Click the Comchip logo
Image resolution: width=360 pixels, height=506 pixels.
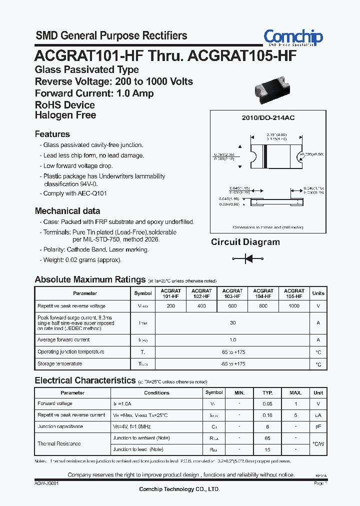293,37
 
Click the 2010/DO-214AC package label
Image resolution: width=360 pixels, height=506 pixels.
268,117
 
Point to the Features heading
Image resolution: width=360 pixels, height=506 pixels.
52,134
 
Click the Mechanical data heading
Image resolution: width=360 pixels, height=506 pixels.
67,211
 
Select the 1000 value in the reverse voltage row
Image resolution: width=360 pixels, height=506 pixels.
294,305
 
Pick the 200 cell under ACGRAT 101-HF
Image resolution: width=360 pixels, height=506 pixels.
170,305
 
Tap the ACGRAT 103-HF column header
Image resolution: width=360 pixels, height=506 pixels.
232,293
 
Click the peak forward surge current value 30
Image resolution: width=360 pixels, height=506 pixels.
232,323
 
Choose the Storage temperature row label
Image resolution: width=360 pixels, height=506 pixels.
60,364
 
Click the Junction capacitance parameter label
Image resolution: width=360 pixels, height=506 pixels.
60,426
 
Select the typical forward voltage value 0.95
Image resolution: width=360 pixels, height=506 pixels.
267,403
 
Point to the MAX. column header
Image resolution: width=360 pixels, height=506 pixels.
295,392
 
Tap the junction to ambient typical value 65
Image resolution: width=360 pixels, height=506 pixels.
267,438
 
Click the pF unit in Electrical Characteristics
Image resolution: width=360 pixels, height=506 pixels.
318,426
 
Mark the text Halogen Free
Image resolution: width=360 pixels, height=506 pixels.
65,115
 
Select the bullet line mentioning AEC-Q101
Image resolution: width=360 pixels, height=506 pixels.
75,193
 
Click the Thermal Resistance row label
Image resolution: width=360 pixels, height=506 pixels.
59,443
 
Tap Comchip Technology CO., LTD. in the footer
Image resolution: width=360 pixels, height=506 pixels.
179,489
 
